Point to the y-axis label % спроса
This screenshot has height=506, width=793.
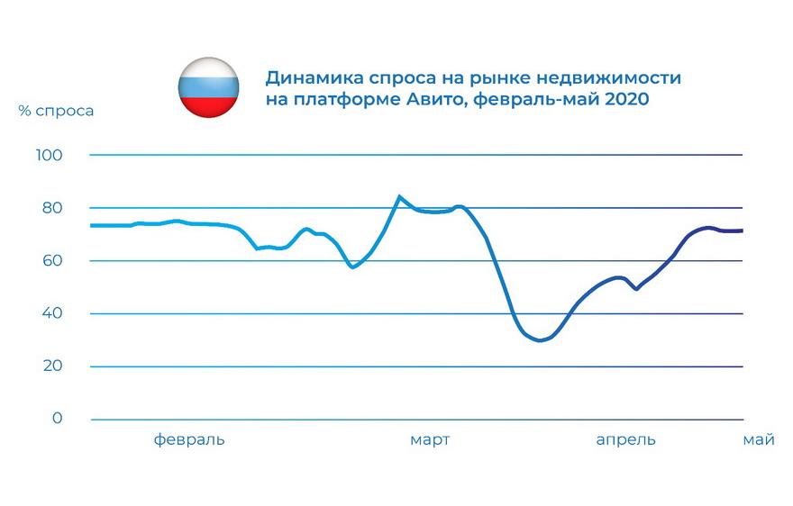coord(56,111)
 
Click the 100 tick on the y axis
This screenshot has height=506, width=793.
coord(50,156)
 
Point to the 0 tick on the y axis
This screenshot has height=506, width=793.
coord(58,419)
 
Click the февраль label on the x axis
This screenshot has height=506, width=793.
coord(189,440)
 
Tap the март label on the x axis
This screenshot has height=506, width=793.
coord(430,440)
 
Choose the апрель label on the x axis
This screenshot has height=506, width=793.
coord(626,440)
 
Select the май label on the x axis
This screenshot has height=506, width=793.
coord(758,440)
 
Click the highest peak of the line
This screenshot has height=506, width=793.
coord(399,196)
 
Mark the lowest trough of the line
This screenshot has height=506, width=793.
coord(540,341)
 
